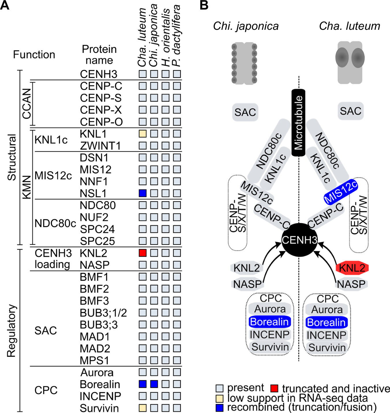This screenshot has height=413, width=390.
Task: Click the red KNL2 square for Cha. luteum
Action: click(x=142, y=253)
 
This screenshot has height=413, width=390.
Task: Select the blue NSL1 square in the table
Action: click(x=142, y=193)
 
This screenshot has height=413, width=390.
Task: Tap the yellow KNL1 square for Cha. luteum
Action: click(x=142, y=134)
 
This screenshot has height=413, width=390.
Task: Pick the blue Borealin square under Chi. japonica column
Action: click(x=154, y=384)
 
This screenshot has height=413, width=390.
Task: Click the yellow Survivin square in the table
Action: click(x=142, y=408)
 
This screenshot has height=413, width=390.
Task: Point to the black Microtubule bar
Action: click(x=298, y=123)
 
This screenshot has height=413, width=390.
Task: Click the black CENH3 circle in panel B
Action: click(x=299, y=240)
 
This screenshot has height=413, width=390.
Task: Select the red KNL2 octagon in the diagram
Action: click(x=352, y=268)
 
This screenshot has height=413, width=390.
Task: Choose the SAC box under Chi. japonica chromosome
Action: click(x=245, y=112)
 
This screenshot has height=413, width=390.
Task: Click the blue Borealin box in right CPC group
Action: click(x=326, y=322)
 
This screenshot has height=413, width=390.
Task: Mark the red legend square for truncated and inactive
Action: click(x=274, y=388)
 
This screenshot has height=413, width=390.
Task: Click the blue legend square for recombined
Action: click(x=220, y=407)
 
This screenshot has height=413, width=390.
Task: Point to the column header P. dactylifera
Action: click(x=177, y=36)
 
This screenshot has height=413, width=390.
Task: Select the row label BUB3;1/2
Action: click(x=103, y=313)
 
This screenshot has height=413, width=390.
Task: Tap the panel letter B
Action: click(x=204, y=5)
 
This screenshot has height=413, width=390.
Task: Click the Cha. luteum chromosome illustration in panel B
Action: click(x=350, y=62)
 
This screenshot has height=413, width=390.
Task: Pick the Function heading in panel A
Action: click(x=34, y=54)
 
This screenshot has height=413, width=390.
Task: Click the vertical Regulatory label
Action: click(x=12, y=331)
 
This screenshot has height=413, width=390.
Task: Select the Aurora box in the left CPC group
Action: click(x=270, y=309)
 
